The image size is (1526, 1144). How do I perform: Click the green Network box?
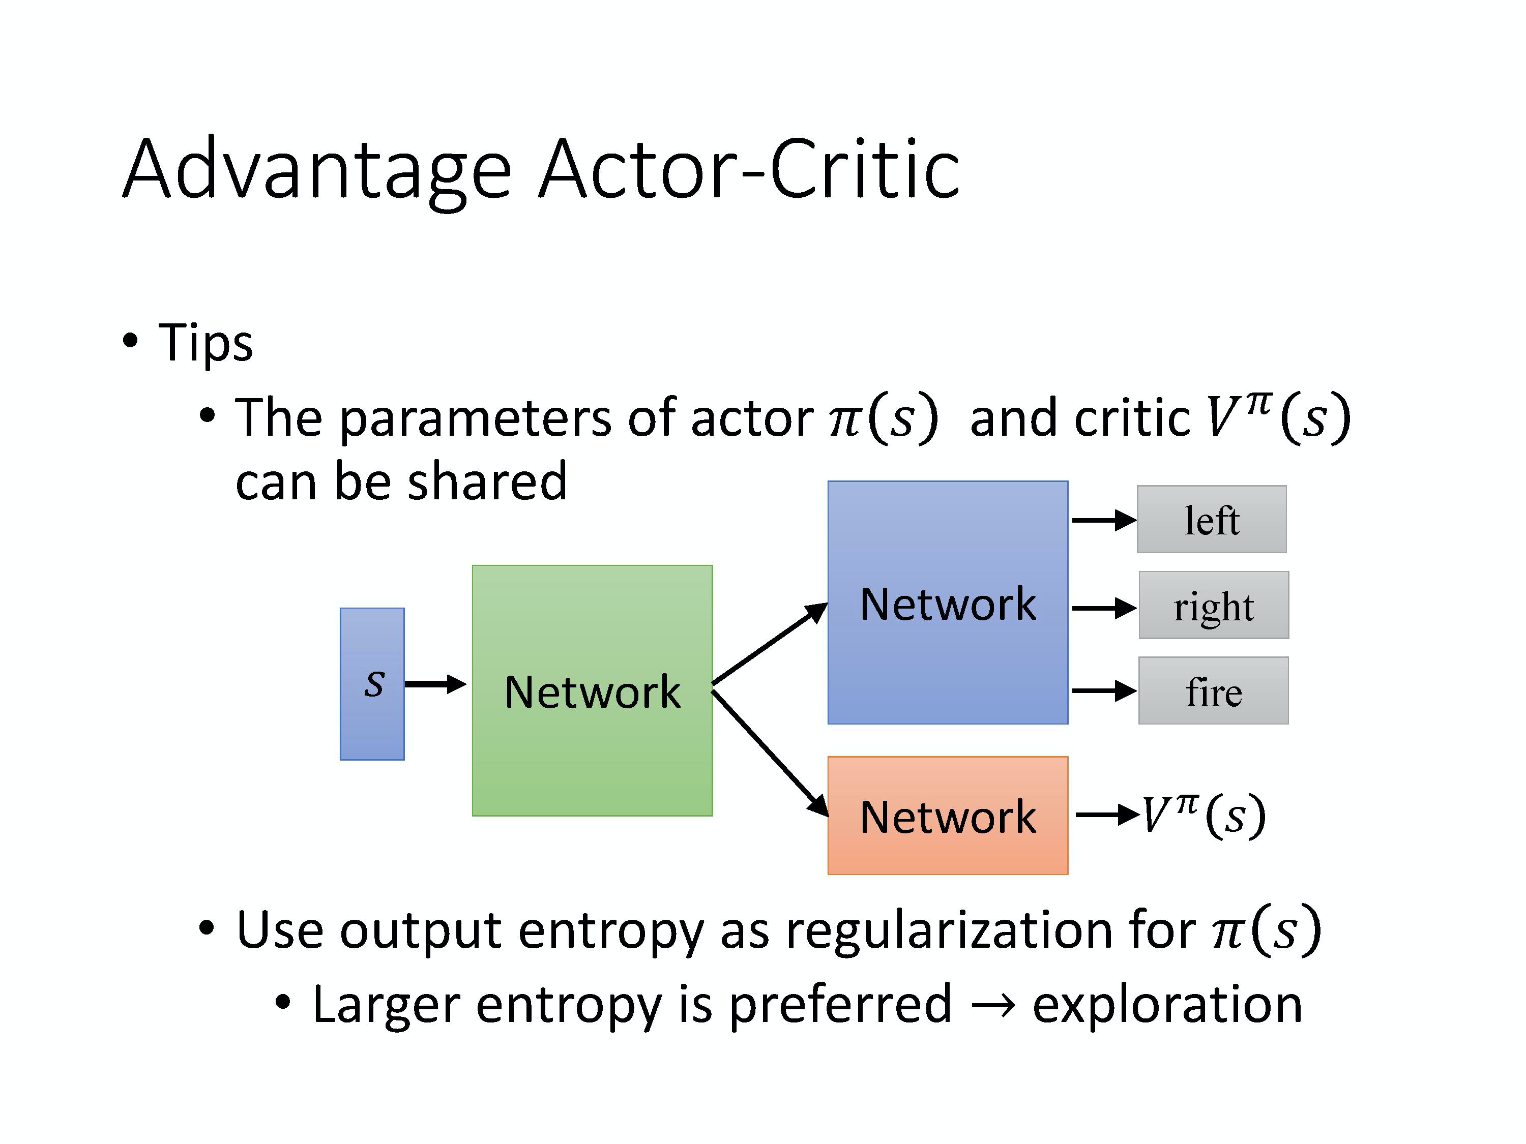(592, 690)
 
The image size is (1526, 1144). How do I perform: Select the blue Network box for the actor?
(947, 602)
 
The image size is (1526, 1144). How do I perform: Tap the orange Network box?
(947, 815)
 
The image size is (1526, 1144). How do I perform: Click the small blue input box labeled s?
(372, 683)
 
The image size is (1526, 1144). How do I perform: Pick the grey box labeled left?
(1212, 519)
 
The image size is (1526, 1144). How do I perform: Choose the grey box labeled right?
(1214, 605)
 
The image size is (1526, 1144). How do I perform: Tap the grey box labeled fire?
(1213, 690)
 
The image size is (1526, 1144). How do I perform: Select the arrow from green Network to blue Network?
(769, 643)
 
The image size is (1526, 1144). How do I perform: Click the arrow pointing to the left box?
(1103, 520)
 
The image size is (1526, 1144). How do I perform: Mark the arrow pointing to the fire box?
(1103, 690)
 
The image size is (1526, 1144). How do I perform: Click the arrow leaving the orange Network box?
(1106, 815)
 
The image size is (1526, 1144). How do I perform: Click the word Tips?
(206, 342)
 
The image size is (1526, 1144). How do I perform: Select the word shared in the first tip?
(487, 481)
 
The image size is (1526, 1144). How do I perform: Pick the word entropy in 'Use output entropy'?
(610, 930)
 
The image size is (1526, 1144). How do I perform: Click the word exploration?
(1166, 1004)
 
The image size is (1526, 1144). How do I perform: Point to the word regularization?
(949, 930)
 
